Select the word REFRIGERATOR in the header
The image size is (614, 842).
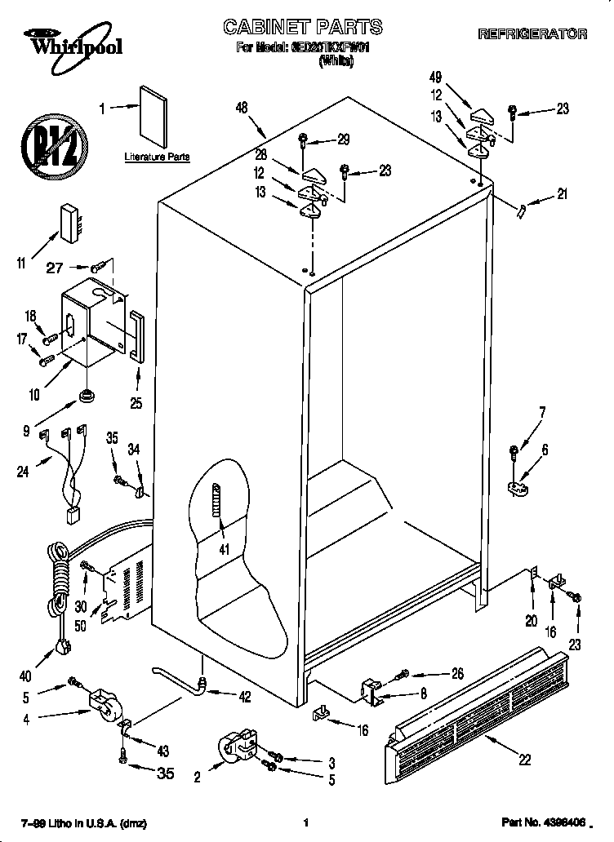pos(532,34)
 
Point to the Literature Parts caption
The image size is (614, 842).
pos(157,156)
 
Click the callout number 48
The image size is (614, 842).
pos(241,107)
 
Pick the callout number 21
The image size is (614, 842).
pos(561,194)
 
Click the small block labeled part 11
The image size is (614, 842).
pos(71,221)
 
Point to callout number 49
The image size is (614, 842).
pos(435,78)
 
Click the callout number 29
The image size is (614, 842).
pos(343,140)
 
